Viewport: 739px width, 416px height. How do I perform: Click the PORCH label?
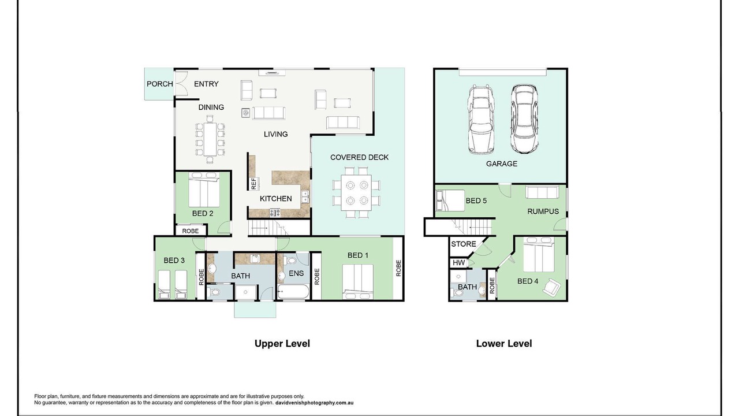(160, 84)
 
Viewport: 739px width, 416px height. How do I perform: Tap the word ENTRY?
(206, 84)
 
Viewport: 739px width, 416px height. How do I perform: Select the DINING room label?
(211, 107)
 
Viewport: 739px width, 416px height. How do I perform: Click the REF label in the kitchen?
(253, 184)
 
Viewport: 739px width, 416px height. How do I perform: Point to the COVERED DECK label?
(359, 158)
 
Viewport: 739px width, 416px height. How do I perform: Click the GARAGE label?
(502, 164)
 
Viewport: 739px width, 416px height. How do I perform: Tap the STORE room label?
(464, 244)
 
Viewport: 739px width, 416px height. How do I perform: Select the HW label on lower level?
(458, 263)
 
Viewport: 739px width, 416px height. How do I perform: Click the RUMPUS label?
(543, 211)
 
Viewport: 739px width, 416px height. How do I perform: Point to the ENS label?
(296, 273)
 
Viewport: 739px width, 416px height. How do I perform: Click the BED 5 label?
(476, 200)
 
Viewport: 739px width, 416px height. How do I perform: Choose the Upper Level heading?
(282, 344)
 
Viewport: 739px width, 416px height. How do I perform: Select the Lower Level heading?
(504, 344)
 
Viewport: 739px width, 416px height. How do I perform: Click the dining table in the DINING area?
(210, 139)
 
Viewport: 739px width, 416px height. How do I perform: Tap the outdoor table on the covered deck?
(356, 193)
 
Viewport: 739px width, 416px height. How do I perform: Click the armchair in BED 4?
(551, 287)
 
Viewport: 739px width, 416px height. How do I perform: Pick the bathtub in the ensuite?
(293, 292)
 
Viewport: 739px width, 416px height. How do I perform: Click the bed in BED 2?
(204, 190)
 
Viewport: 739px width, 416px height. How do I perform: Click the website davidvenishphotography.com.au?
(315, 403)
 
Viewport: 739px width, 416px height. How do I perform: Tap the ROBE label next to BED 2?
(191, 231)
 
